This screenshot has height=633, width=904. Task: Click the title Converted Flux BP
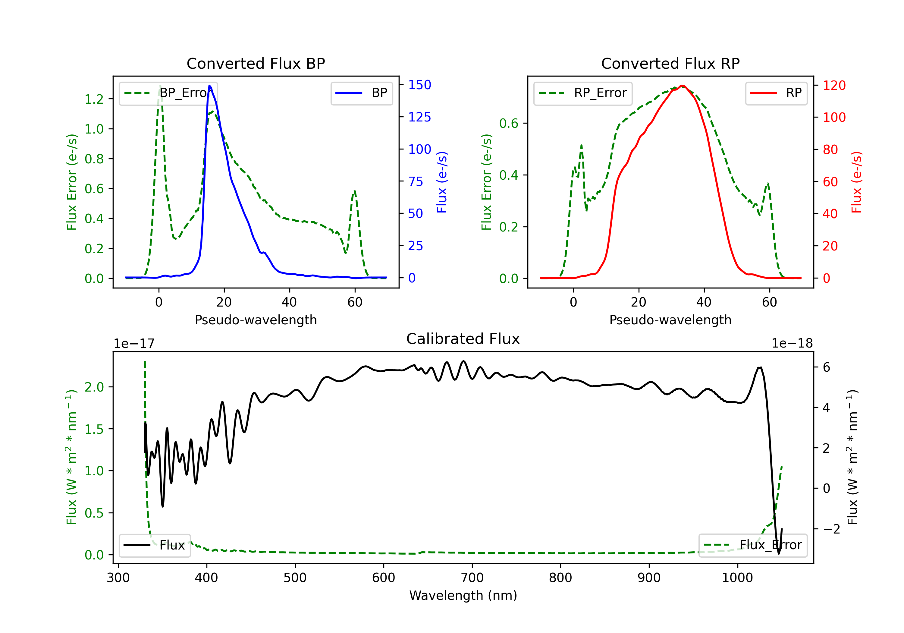pos(256,63)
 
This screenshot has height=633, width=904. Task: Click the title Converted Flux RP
pos(670,63)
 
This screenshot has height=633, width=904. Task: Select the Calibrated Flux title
pos(463,339)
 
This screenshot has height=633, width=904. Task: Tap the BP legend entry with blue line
pos(361,93)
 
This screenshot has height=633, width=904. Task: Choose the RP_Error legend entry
pos(583,93)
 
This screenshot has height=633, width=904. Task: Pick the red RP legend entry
pos(776,93)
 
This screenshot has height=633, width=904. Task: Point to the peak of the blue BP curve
pos(209,86)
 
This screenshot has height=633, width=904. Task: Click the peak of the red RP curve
pos(682,86)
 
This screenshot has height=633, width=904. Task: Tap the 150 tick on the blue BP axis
pos(420,85)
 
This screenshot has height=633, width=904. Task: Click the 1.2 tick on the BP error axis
pos(94,99)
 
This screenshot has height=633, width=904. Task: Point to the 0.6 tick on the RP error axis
pos(509,123)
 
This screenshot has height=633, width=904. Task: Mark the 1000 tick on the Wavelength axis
pos(737,578)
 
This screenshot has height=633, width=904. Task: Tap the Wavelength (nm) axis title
pos(463,596)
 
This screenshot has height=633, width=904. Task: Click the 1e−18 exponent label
pos(792,344)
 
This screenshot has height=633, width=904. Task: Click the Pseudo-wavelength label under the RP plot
pos(670,320)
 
